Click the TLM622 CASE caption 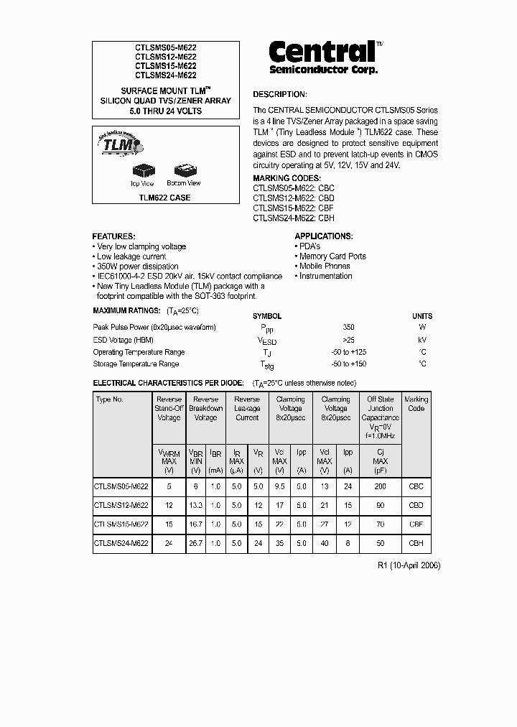166,198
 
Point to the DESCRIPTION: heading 279,94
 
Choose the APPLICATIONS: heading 323,236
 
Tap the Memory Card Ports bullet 332,256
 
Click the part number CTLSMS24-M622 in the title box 166,75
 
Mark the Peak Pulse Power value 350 349,328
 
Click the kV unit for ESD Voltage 422,340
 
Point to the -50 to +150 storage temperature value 350,364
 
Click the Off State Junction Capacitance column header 380,417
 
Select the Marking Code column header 416,404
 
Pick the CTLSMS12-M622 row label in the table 121,506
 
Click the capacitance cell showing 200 380,487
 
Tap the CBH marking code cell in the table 416,544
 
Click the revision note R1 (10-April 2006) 409,565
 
